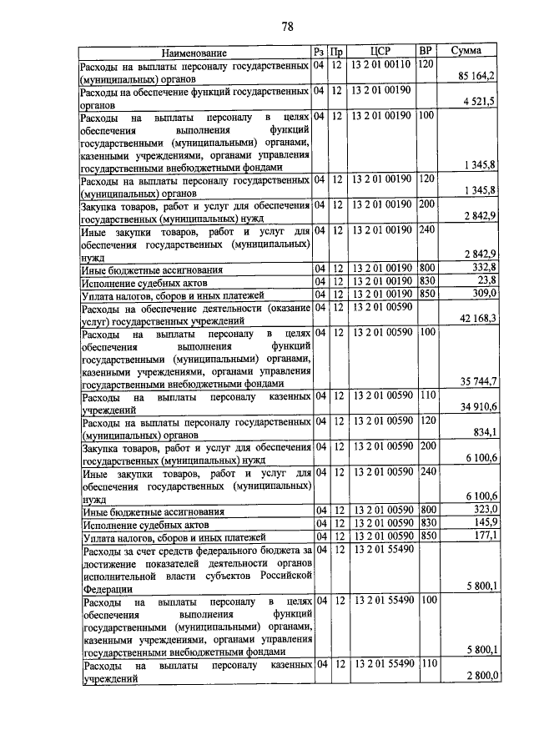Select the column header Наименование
click(x=194, y=53)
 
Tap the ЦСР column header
click(x=380, y=52)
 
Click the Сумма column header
click(x=465, y=52)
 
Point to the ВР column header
click(x=426, y=52)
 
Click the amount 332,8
click(x=484, y=268)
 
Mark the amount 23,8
click(x=487, y=280)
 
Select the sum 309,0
click(x=484, y=293)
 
